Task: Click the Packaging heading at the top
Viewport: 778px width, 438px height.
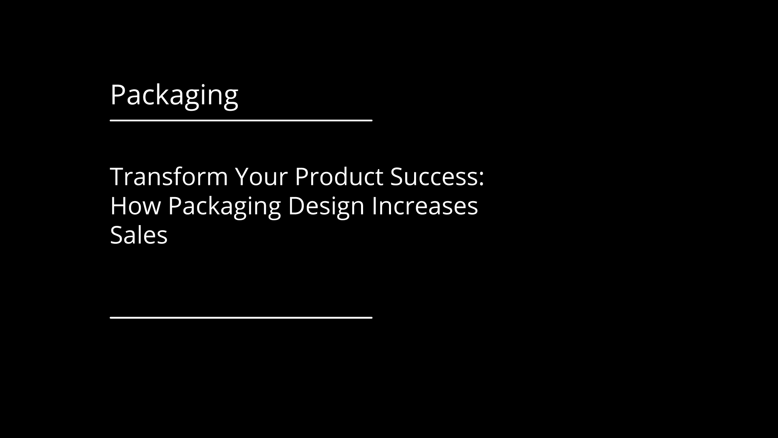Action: (174, 96)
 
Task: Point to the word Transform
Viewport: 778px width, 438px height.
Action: (169, 177)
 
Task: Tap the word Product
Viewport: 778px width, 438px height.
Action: (339, 177)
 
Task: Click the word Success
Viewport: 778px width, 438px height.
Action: (434, 177)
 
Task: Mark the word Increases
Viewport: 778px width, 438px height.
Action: (425, 206)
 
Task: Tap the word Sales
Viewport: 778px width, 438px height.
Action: (139, 235)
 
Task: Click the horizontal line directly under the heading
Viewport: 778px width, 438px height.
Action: (241, 120)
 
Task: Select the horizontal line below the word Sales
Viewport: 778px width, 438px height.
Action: (241, 317)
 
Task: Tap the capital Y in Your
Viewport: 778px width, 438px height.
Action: (243, 177)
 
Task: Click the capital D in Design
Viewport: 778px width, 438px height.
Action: (296, 206)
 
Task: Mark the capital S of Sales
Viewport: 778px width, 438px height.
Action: (116, 235)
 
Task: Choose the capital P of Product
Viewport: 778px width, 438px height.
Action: (301, 177)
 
